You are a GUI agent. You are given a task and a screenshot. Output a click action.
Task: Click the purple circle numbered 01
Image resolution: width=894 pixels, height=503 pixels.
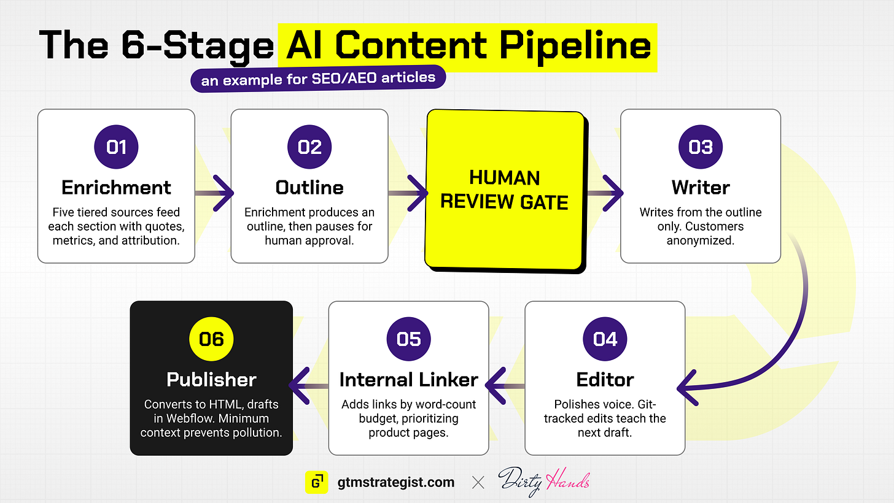[116, 147]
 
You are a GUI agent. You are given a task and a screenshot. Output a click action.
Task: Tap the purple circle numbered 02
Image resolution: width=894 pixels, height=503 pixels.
[309, 147]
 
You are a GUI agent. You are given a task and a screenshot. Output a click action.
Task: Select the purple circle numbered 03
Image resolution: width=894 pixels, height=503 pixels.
[701, 147]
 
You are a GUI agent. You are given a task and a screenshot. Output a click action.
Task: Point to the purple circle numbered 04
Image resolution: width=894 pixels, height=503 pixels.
[605, 339]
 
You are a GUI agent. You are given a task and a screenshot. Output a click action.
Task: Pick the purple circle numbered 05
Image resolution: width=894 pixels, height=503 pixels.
[409, 339]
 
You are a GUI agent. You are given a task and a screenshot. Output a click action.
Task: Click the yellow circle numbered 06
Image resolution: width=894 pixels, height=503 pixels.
[211, 339]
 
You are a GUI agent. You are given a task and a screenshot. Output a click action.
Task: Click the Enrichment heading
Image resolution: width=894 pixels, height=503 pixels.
[116, 187]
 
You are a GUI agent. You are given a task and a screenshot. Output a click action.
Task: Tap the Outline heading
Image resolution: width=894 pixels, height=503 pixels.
[309, 187]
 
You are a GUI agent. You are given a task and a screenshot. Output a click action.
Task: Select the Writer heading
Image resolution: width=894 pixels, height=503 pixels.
[701, 187]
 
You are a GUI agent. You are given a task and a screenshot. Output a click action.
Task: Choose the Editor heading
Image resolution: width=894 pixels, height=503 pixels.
[605, 380]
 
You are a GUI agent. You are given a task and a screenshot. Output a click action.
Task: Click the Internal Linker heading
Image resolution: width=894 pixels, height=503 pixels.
[409, 380]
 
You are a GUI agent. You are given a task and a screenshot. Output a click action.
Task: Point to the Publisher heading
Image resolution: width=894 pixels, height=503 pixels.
[211, 380]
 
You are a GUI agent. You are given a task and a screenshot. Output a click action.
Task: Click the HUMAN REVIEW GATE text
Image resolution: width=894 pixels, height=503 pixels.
[505, 190]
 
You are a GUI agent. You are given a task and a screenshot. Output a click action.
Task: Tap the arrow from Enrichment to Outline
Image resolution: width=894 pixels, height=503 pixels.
[214, 193]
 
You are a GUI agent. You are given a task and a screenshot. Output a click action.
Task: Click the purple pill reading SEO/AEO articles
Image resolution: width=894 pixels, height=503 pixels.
[318, 79]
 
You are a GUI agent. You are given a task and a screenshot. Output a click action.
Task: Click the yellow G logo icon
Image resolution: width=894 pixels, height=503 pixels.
[316, 482]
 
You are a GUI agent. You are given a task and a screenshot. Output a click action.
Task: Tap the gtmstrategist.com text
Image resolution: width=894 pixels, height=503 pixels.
[396, 482]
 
